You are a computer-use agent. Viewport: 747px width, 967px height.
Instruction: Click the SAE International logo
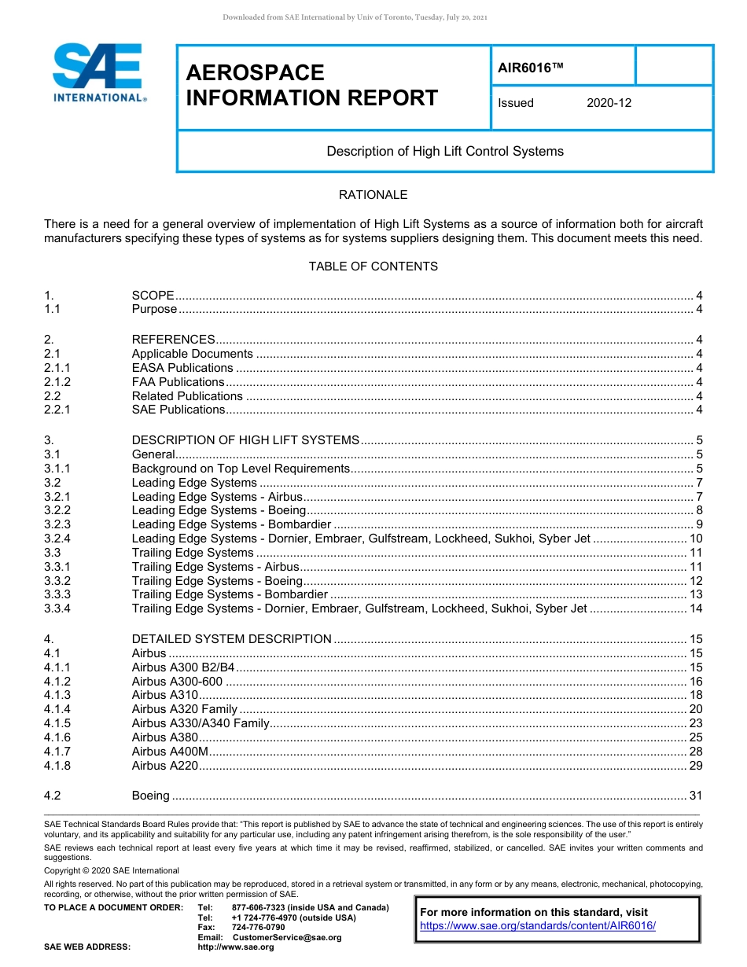[98, 72]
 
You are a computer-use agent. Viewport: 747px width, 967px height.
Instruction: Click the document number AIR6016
[531, 68]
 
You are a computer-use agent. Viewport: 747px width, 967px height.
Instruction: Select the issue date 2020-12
[609, 103]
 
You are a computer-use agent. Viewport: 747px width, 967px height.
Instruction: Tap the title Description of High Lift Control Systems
[445, 151]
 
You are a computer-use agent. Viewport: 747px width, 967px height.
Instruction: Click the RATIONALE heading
[373, 194]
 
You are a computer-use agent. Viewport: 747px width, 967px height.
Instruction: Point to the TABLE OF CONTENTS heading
[373, 266]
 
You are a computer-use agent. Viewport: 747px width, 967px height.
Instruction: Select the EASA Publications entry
[182, 368]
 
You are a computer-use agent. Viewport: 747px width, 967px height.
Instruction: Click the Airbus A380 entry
[164, 737]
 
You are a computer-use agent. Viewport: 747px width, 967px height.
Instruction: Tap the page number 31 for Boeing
[695, 796]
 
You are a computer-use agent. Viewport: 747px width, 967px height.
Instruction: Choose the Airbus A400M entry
[170, 752]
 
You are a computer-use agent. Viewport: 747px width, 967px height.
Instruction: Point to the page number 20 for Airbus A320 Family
[695, 709]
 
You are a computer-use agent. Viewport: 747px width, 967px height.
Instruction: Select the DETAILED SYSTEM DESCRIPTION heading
[231, 639]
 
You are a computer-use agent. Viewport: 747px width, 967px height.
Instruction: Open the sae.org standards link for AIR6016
[538, 926]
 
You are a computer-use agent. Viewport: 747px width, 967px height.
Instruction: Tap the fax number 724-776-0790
[258, 928]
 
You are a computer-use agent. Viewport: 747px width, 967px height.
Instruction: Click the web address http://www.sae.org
[236, 947]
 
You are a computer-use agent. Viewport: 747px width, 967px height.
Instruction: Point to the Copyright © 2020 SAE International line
[112, 870]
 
